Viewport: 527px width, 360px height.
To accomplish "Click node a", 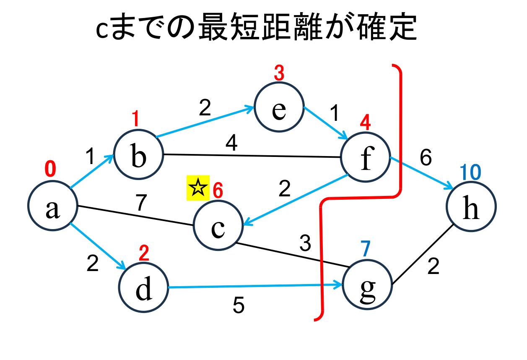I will [53, 206].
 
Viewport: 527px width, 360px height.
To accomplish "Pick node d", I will [143, 289].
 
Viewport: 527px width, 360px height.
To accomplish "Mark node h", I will [471, 206].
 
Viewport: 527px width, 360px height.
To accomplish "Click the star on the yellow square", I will [197, 188].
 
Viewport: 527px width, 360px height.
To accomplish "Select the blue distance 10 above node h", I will [470, 172].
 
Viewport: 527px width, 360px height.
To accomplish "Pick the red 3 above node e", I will [279, 74].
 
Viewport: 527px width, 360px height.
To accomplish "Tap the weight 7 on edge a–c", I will [141, 203].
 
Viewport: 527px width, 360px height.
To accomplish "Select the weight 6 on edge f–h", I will [425, 158].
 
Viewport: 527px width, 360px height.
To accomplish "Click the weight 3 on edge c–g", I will [305, 244].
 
